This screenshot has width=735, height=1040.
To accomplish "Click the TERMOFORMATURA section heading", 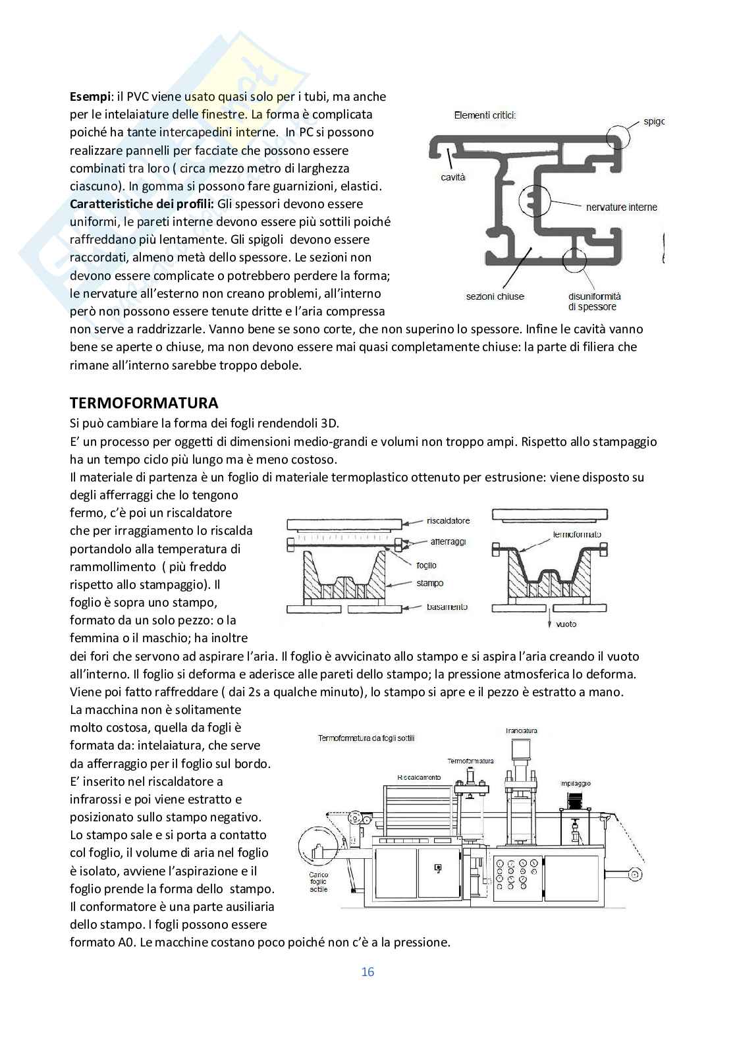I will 144,403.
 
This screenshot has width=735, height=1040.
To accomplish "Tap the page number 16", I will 367,972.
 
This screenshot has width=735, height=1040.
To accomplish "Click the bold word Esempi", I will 91,97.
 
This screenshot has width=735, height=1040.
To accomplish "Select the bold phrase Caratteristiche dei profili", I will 142,204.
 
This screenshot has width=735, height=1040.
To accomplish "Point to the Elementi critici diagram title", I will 485,115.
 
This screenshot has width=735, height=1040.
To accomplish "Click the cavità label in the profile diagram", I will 453,177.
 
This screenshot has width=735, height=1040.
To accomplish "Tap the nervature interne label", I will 621,207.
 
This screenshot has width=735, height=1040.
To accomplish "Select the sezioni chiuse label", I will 495,296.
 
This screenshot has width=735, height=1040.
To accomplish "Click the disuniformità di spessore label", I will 594,302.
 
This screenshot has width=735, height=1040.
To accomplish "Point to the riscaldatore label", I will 448,521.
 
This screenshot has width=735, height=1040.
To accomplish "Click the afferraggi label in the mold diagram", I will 448,541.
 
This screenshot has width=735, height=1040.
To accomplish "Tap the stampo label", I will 429,584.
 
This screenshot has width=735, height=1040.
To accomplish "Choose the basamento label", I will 447,607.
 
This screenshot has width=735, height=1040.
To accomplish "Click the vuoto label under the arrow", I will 566,624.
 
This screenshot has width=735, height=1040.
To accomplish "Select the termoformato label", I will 577,534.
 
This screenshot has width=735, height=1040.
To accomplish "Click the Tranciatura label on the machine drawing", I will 521,730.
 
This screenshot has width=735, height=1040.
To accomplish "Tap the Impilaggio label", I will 575,783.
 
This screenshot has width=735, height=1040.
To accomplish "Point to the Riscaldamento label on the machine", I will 419,778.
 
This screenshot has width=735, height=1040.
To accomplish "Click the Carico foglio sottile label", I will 319,882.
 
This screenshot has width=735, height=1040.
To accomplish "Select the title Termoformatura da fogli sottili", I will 366,738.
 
